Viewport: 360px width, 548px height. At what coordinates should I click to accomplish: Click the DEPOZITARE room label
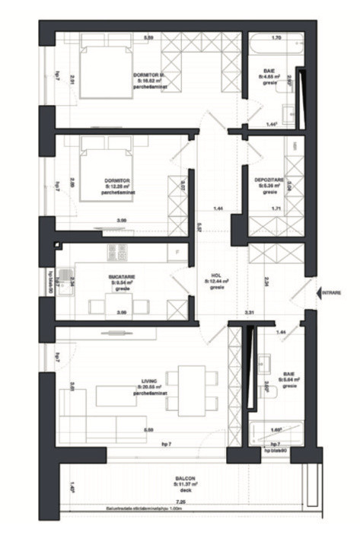pos(270,181)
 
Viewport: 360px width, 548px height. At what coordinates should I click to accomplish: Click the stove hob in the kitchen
pos(117,250)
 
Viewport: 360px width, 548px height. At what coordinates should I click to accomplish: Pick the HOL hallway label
pos(216,278)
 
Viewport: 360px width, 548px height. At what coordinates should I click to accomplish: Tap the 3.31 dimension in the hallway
pos(249,312)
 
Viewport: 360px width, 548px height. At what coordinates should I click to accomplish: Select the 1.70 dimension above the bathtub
pos(276,37)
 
